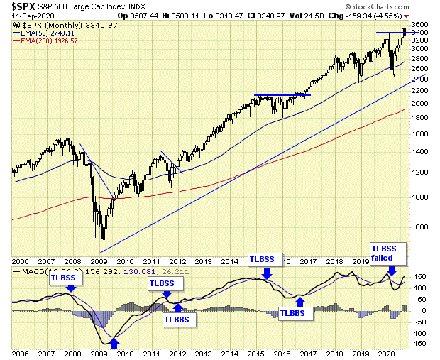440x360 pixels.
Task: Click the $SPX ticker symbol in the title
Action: pos(26,6)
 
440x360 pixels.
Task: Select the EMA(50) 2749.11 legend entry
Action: pos(49,33)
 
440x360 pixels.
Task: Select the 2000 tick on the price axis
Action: pos(419,103)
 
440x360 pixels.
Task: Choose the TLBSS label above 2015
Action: pos(265,259)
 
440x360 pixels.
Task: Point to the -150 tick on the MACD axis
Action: pos(419,344)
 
